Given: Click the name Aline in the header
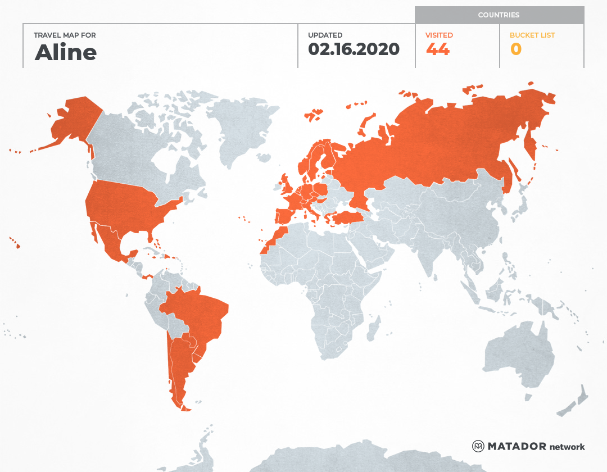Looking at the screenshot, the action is pos(66,52).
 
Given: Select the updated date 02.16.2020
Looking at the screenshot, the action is pos(354,49).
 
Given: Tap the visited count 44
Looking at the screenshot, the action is pos(437,49).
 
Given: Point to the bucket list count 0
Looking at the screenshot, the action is pos(516,49).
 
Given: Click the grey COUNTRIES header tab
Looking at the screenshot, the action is pos(499,15).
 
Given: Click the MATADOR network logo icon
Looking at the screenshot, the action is pos(478,446).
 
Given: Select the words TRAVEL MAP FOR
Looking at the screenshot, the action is pos(65,35).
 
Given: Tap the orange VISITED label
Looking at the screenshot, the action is pos(439,35).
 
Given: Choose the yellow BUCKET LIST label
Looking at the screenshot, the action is pos(532,35).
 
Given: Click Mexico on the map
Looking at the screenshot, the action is pos(112,244).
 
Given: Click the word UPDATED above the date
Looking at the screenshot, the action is pos(325,35).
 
